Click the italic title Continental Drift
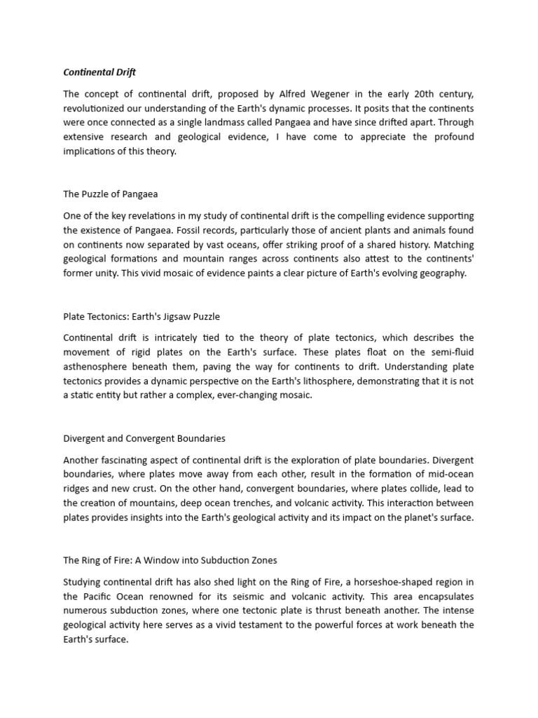tap(99, 72)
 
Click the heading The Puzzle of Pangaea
tap(115, 194)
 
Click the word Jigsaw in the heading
tap(175, 316)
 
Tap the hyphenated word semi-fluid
tap(448, 353)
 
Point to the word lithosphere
tap(335, 381)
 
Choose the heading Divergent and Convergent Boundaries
tap(144, 438)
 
